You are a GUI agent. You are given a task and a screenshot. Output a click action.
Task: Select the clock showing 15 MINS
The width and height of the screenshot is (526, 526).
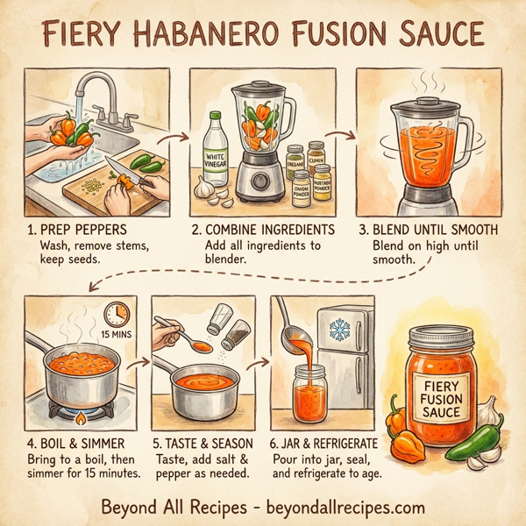click(x=116, y=317)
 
